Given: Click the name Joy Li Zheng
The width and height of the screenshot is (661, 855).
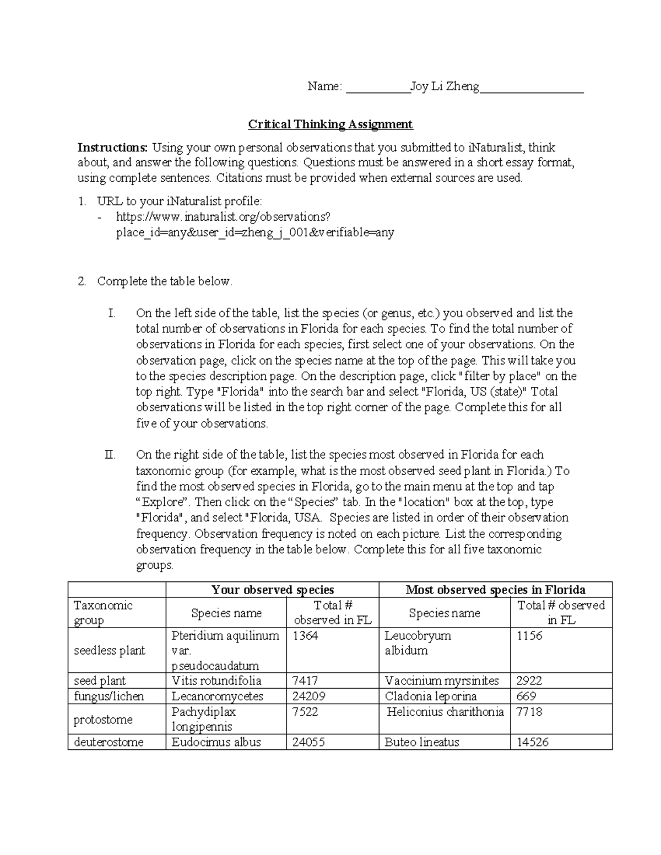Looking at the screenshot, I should click(x=445, y=86).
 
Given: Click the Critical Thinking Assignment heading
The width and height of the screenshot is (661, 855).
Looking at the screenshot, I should click(x=330, y=124).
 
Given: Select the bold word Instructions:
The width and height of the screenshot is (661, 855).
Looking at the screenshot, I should click(x=112, y=148).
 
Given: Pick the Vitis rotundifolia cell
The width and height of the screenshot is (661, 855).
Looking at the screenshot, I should click(x=216, y=680).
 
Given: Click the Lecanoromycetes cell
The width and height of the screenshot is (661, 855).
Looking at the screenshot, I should click(x=217, y=696).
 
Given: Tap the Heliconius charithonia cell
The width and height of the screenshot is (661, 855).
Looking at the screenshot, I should click(x=445, y=712).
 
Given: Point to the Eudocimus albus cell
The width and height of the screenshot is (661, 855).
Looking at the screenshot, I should click(x=216, y=742).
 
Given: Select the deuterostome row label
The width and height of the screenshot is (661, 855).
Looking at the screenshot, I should click(x=109, y=742).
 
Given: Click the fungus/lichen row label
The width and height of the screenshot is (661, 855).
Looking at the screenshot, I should click(x=109, y=696).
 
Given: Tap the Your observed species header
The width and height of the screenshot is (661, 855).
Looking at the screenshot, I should click(x=273, y=590).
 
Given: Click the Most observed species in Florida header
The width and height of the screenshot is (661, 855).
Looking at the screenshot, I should click(x=495, y=590).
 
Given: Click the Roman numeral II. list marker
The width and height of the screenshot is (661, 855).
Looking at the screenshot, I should click(x=110, y=455).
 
